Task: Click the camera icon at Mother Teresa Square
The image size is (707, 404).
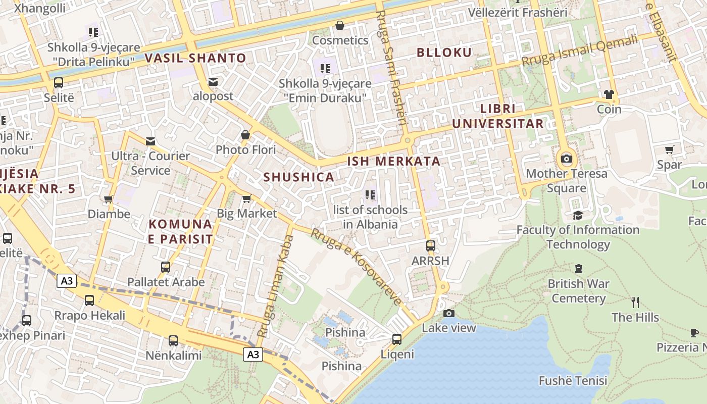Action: pos(567,159)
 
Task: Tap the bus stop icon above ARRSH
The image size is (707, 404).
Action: pos(430,246)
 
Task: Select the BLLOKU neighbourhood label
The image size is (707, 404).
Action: pos(444,53)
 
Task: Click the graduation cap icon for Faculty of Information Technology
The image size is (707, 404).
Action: pos(578,216)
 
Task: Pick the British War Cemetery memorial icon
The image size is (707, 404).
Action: pos(579,269)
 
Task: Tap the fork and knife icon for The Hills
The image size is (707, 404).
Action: pos(635,302)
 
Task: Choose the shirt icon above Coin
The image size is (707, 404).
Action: pos(609,94)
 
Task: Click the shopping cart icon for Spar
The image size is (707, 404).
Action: pos(670,149)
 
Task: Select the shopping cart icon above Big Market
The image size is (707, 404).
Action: pos(246,198)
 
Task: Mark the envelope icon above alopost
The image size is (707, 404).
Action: pos(213,81)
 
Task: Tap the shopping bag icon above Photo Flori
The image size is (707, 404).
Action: pos(245,135)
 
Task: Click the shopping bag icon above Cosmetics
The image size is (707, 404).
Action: pos(340,25)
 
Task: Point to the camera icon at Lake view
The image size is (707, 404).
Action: pos(448,313)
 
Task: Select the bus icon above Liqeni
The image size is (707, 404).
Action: pos(397,339)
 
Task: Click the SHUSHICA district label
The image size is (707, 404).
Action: pos(298,177)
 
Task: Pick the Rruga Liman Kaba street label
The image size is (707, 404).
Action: pos(275,286)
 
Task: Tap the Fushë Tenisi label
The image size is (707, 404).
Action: pos(573,380)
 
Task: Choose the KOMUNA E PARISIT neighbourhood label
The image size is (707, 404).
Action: pos(180,231)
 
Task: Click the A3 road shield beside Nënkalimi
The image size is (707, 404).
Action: pos(253,355)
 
